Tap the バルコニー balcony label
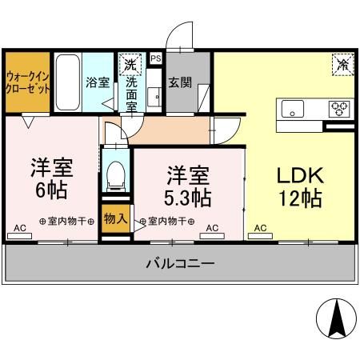point(180,265)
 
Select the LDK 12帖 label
point(301,186)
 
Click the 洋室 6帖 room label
point(51,179)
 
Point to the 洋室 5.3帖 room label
point(189,185)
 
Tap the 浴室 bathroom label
point(98,82)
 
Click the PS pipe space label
point(155,58)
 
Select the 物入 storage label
point(116,218)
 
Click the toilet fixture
point(117,173)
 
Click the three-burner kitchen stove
point(340,108)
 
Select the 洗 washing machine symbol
point(128,62)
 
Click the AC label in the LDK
point(261,228)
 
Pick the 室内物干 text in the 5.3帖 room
point(167,221)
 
